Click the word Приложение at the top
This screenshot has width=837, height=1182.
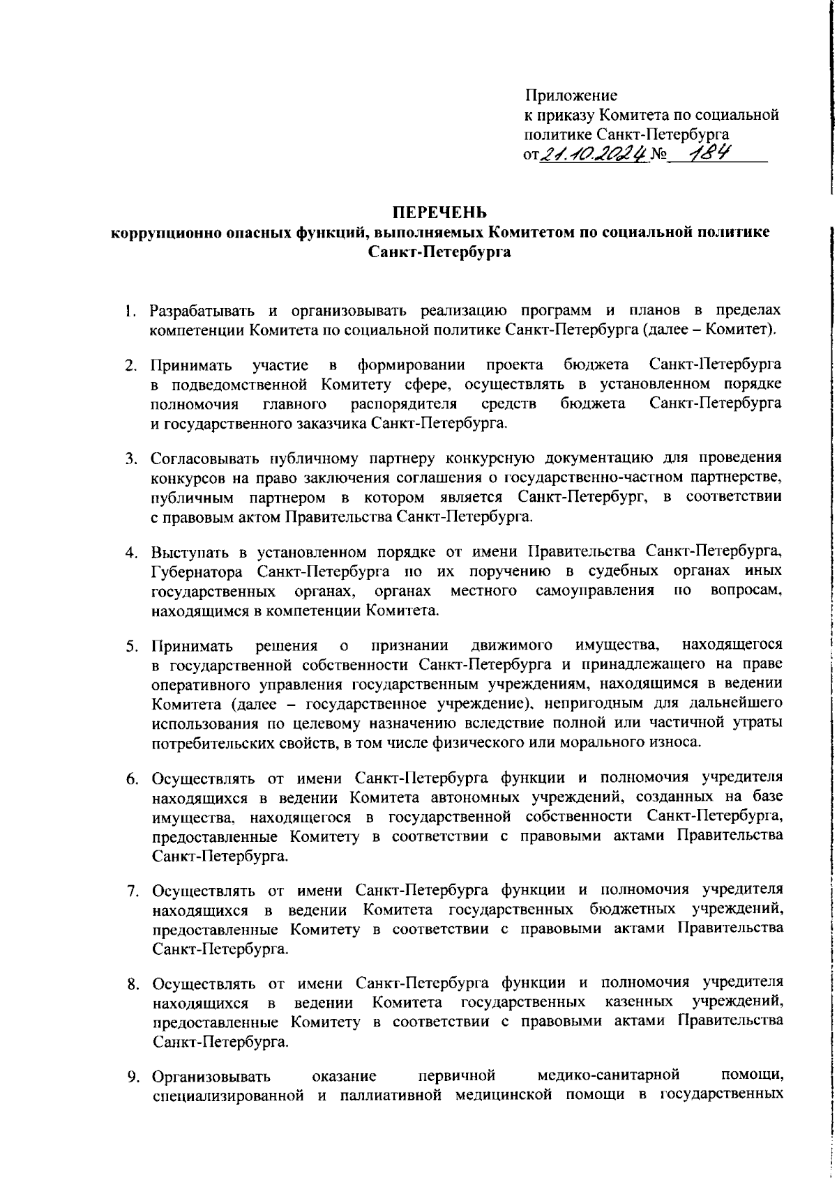571,95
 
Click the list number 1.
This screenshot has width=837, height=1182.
129,309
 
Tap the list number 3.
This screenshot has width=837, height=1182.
129,459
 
